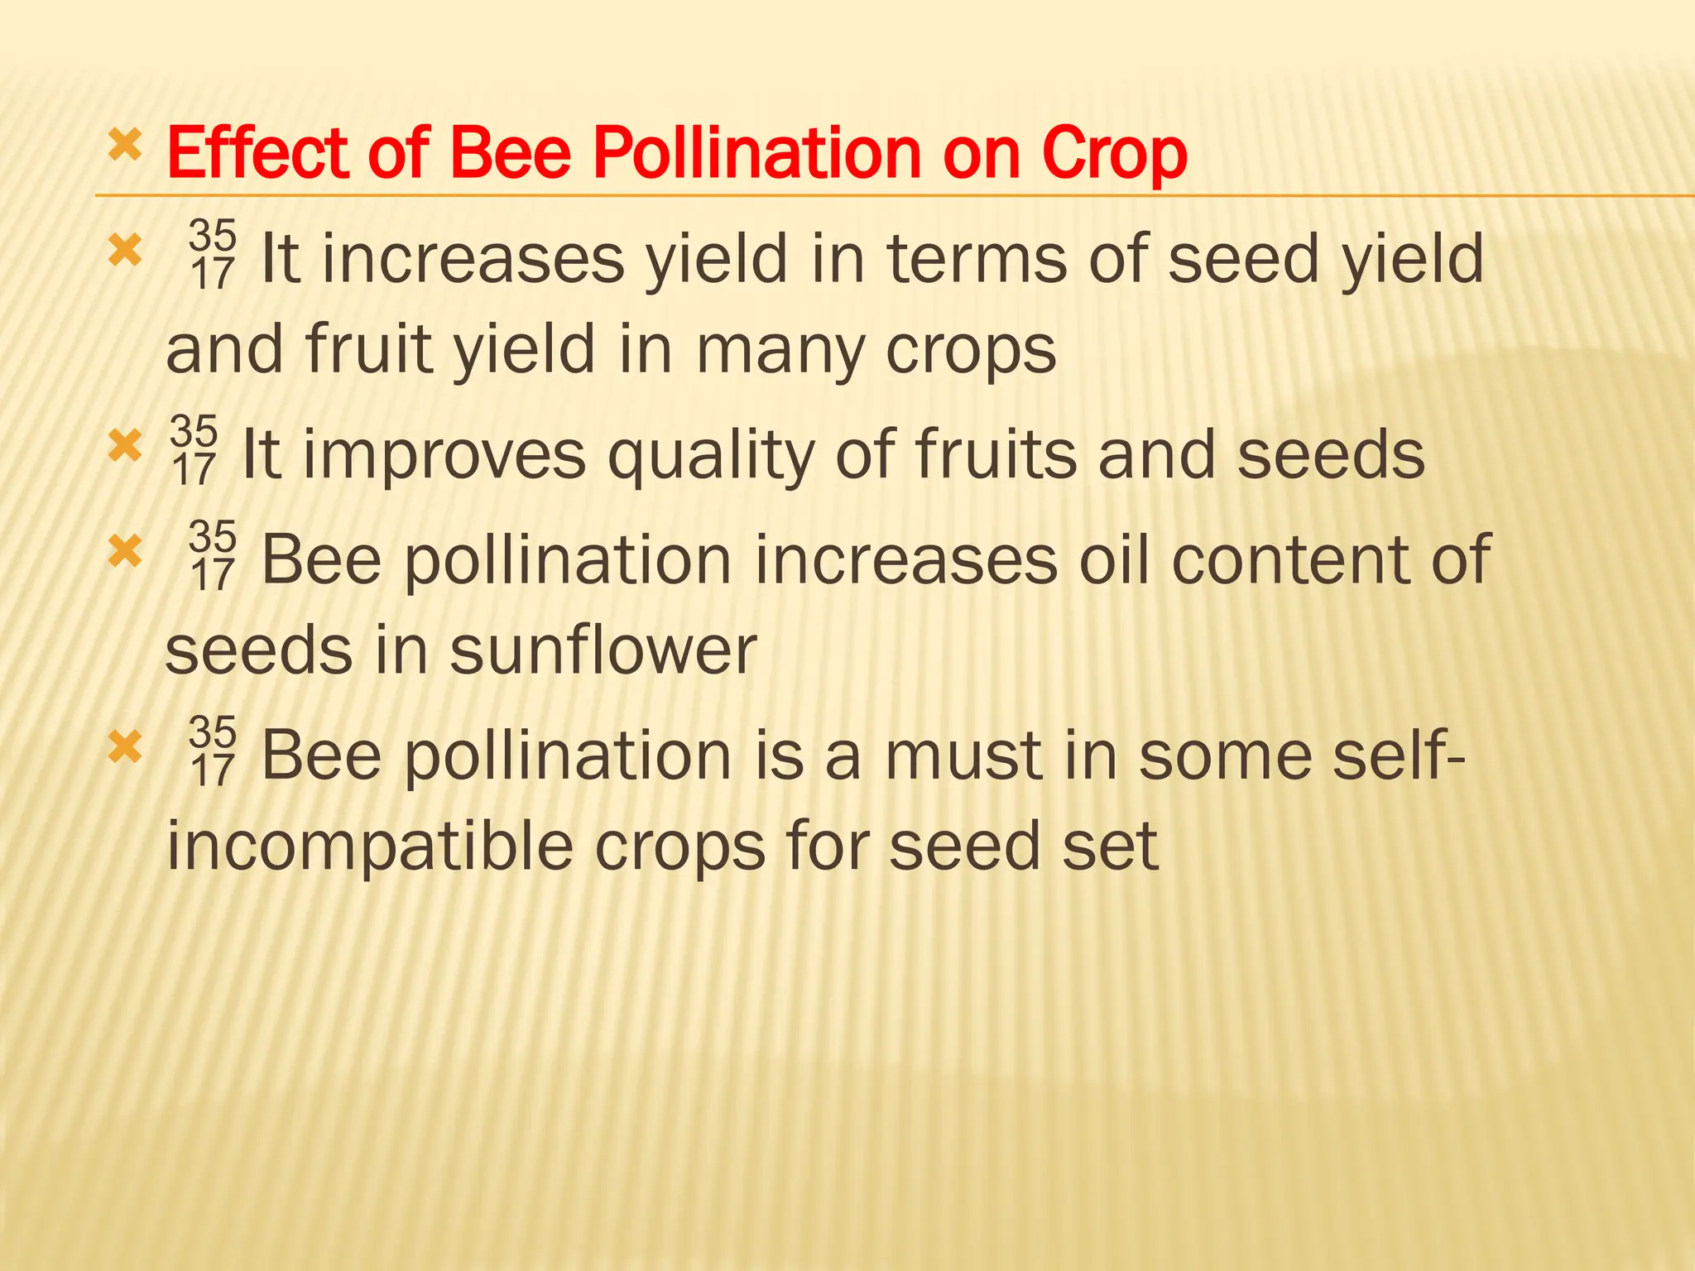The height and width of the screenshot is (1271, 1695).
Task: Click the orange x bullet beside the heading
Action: pyautogui.click(x=125, y=146)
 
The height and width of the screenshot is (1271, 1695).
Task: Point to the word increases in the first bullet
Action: pyautogui.click(x=473, y=259)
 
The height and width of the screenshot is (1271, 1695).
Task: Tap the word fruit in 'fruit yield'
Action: pyautogui.click(x=368, y=348)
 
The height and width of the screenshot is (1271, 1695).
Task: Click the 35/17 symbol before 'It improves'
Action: pyautogui.click(x=194, y=452)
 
